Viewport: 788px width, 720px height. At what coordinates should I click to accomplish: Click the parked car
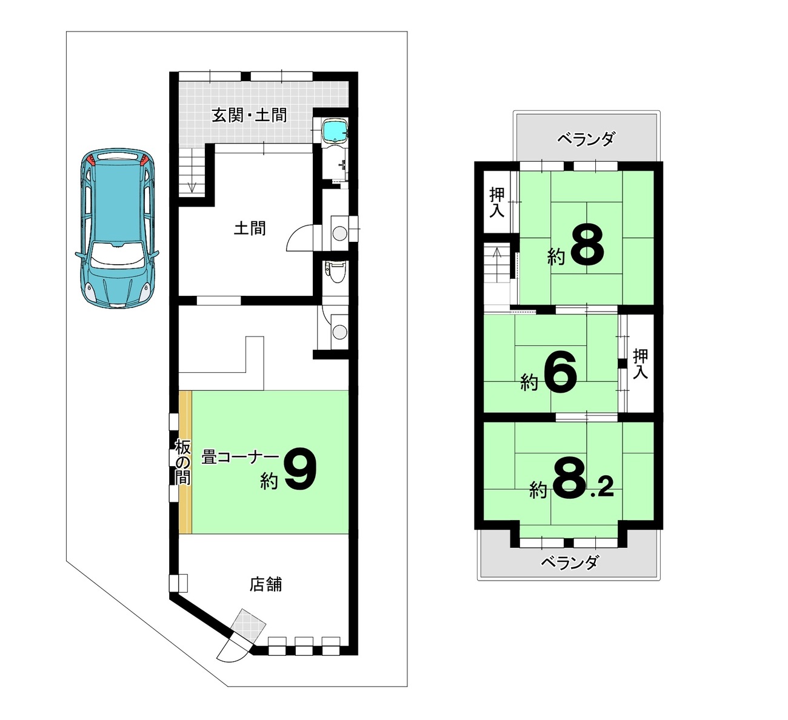[x=117, y=228]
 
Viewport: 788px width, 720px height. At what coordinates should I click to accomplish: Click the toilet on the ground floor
[x=335, y=272]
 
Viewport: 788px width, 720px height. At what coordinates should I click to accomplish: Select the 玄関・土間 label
[x=249, y=115]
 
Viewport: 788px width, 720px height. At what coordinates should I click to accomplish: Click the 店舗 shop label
[x=265, y=584]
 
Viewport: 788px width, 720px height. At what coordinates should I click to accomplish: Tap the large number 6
[x=559, y=373]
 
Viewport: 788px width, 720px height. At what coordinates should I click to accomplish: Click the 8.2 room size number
[x=583, y=480]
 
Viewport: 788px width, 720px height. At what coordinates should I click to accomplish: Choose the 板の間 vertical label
[x=182, y=462]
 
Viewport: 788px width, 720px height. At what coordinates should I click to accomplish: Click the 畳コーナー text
[x=240, y=457]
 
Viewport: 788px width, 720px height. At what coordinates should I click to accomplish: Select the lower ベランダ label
[x=569, y=562]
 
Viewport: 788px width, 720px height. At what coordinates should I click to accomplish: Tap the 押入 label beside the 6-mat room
[x=640, y=364]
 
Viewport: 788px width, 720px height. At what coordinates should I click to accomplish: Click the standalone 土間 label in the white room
[x=250, y=228]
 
